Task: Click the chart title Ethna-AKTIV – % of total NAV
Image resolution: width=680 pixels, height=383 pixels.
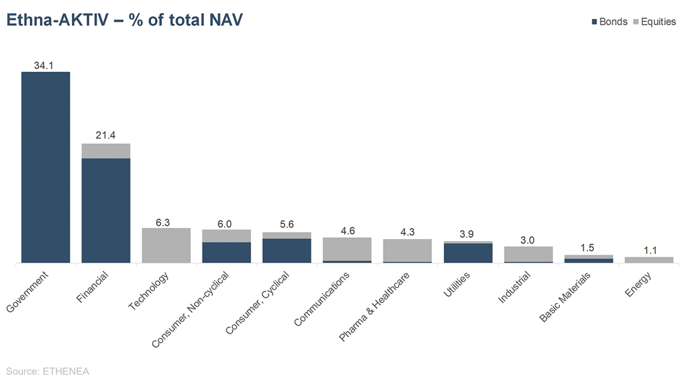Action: pyautogui.click(x=124, y=21)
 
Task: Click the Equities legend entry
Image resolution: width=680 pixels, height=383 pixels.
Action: pyautogui.click(x=653, y=22)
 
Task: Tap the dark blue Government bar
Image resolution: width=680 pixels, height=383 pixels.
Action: pyautogui.click(x=46, y=166)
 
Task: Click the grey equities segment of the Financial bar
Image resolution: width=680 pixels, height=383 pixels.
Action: pyautogui.click(x=106, y=151)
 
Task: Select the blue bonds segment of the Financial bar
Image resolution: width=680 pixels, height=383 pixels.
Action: pyautogui.click(x=106, y=210)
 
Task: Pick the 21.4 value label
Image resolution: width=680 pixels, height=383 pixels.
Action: pyautogui.click(x=105, y=136)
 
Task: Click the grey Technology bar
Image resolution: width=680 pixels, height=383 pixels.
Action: pyautogui.click(x=166, y=245)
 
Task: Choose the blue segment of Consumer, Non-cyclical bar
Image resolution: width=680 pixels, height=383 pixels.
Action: pyautogui.click(x=226, y=252)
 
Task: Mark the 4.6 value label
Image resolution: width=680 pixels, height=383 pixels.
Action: pyautogui.click(x=347, y=231)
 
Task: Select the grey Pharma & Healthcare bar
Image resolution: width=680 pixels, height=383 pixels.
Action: pyautogui.click(x=407, y=250)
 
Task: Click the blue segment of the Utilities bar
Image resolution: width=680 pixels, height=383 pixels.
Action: pyautogui.click(x=468, y=253)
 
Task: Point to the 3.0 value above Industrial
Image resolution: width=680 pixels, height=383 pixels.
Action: pyautogui.click(x=528, y=240)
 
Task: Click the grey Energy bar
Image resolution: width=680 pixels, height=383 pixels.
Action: pyautogui.click(x=649, y=259)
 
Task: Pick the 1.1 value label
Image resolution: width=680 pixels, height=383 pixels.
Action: pyautogui.click(x=649, y=251)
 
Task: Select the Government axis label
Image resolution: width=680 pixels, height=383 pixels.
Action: pyautogui.click(x=27, y=293)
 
